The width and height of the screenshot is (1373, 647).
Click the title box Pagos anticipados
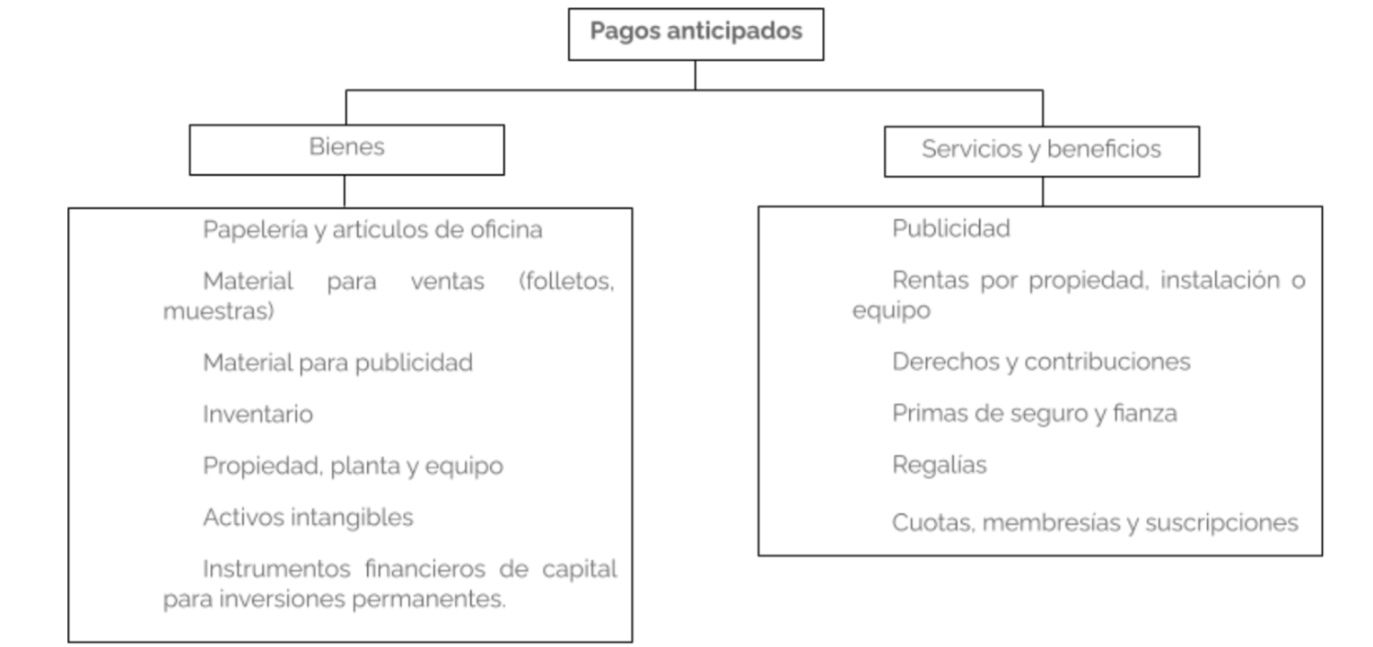click(x=695, y=34)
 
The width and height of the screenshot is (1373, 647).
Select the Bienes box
click(x=347, y=150)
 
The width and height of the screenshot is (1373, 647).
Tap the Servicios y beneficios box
click(x=1042, y=152)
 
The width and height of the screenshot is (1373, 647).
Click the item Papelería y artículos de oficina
click(x=372, y=231)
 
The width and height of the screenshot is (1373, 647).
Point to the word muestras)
click(x=219, y=311)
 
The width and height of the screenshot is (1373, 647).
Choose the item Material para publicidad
click(x=337, y=363)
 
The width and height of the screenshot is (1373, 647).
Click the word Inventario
click(x=258, y=415)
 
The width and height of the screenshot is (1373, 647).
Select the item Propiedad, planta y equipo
click(x=353, y=467)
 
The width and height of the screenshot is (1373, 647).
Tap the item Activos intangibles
click(x=309, y=518)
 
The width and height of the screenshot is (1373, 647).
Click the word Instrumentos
click(x=276, y=569)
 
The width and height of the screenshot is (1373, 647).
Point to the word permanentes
click(x=429, y=599)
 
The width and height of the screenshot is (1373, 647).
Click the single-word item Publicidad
click(x=951, y=229)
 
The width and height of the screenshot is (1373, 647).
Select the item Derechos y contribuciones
click(x=1041, y=363)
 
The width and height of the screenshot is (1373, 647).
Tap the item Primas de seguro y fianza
click(x=1035, y=414)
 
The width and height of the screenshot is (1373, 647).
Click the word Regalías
click(x=940, y=465)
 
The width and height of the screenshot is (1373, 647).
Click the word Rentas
click(x=931, y=280)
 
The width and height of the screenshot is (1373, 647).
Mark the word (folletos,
click(x=566, y=282)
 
